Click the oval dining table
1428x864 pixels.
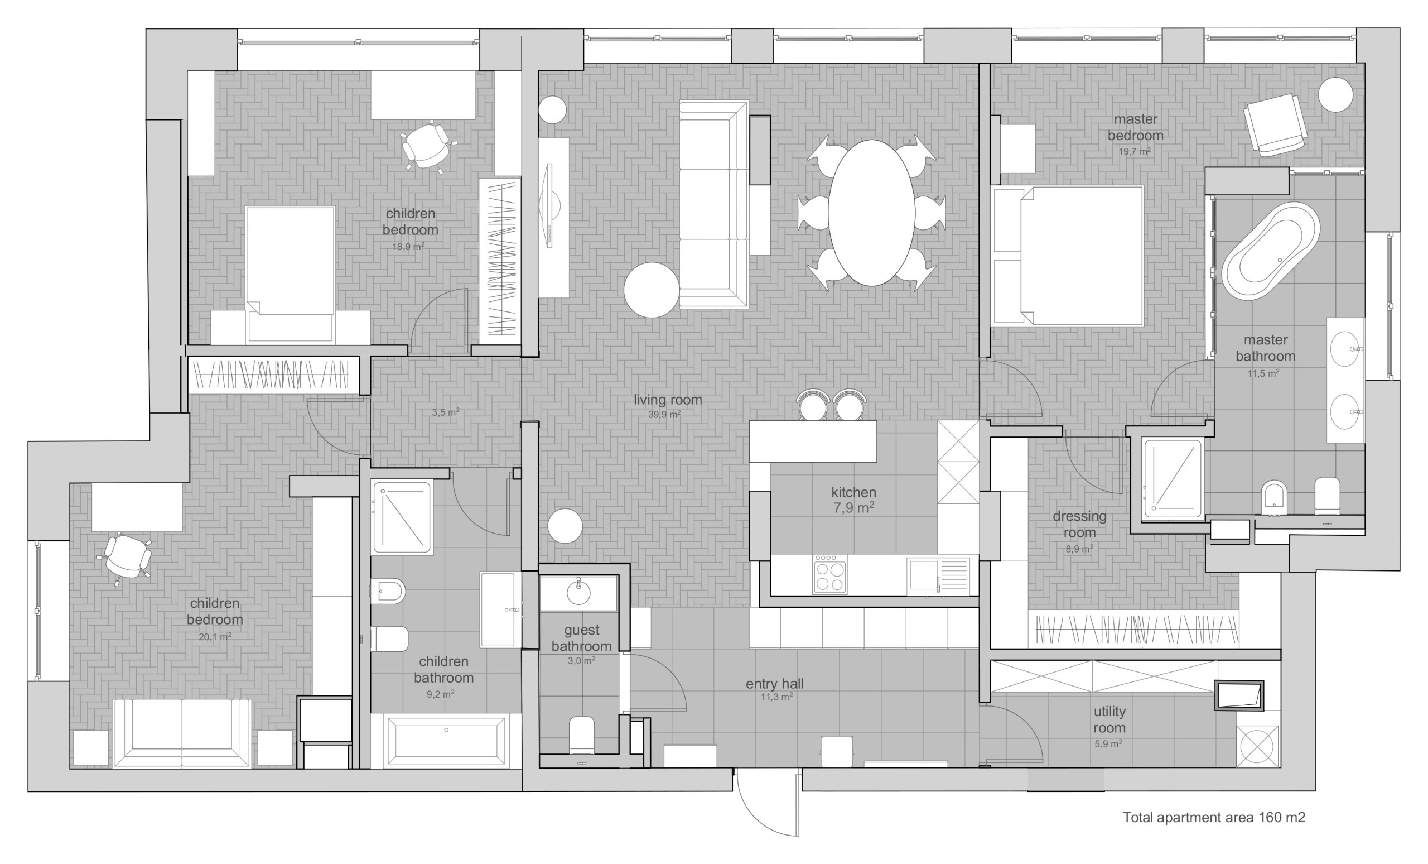coord(871,213)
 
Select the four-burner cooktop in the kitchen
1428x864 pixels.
coord(829,575)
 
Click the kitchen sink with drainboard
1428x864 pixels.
coord(938,576)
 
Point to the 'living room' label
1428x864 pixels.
coord(668,400)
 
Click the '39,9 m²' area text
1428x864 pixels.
coord(664,415)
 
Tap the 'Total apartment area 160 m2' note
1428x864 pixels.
coord(1214,817)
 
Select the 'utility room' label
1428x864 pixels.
coord(1109,719)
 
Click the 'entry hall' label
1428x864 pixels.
coord(774,684)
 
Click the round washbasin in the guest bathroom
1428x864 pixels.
coord(578,593)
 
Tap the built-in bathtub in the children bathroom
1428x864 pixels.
coord(446,741)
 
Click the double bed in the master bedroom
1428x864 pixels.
coord(1068,256)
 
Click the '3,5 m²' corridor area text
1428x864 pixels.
coord(445,413)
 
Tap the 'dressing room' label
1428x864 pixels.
coord(1079,524)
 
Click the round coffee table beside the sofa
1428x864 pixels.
coord(652,290)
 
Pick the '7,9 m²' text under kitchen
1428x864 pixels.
coord(853,508)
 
